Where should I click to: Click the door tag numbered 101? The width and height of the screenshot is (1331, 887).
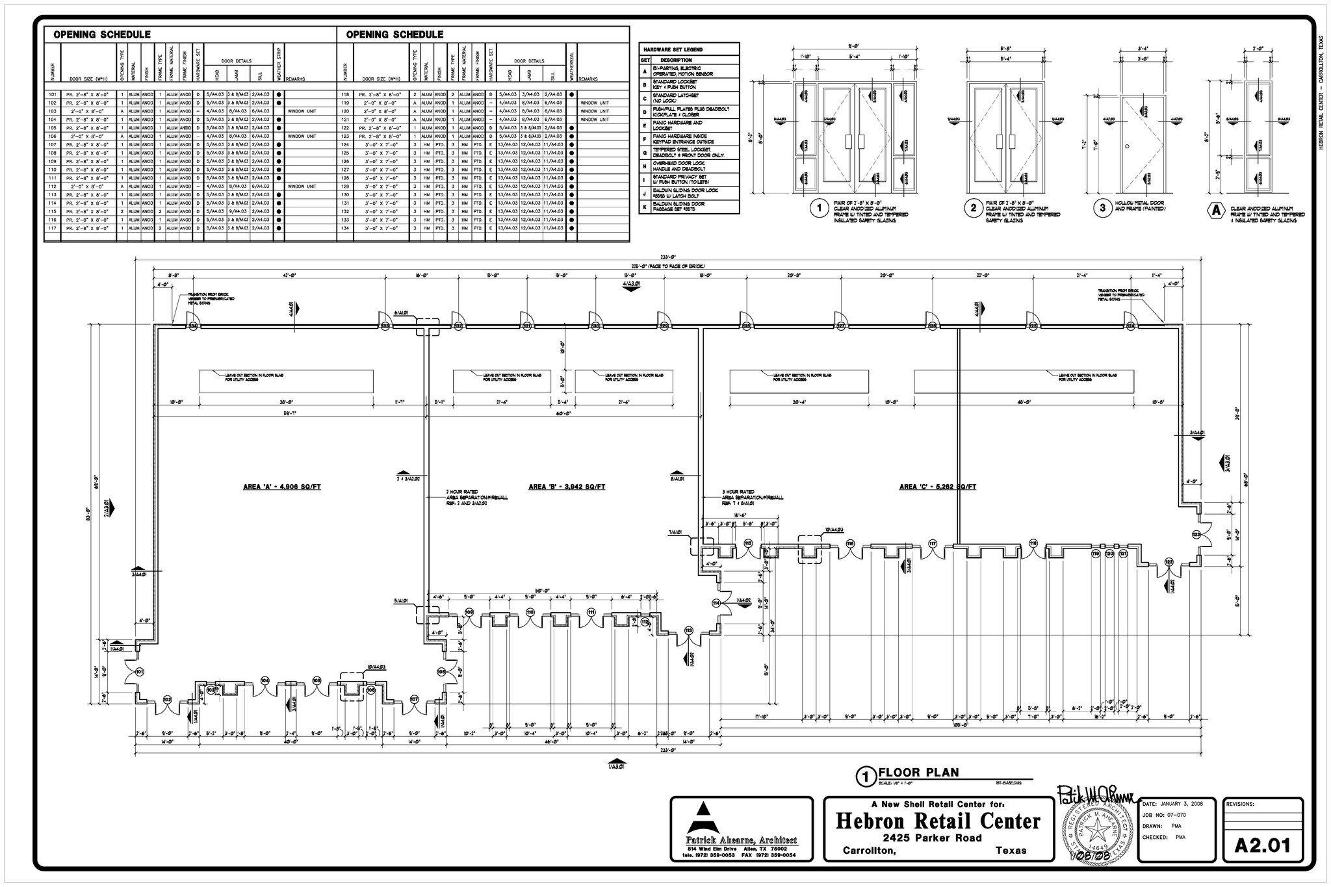139,671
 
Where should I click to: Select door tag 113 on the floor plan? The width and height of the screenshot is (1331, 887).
689,630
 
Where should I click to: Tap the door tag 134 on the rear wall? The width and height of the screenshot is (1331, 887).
192,326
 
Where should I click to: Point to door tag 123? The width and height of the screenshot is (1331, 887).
1196,534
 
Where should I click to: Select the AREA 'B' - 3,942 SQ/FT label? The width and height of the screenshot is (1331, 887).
567,487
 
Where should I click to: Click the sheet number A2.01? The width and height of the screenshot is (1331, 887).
1261,845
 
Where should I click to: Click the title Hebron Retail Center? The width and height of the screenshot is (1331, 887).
938,821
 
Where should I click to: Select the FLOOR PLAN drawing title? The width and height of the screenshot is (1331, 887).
918,773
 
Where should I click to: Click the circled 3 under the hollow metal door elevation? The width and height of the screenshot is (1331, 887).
1102,209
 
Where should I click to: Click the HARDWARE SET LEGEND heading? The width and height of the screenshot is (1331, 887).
672,49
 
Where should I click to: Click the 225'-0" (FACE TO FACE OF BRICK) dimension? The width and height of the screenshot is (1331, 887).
667,266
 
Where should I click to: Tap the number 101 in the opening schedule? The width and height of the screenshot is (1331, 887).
53,94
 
